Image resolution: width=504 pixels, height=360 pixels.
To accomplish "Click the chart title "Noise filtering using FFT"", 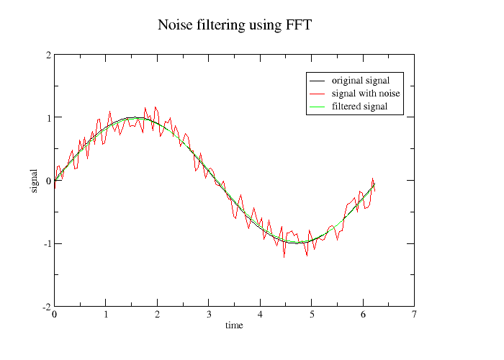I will [x=235, y=25].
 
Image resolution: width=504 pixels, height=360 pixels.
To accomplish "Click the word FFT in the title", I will [x=297, y=25].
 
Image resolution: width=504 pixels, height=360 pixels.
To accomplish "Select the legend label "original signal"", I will [x=361, y=80].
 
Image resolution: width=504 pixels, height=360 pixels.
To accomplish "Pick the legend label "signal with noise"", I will [x=366, y=93].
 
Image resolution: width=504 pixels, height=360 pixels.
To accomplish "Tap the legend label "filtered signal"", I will [x=360, y=106].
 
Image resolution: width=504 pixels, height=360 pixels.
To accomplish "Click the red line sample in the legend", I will [x=318, y=94].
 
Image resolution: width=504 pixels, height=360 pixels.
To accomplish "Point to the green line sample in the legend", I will [x=318, y=107].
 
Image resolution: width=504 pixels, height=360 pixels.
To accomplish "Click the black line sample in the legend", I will [x=318, y=81].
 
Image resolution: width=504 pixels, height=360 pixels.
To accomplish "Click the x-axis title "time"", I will [x=234, y=325].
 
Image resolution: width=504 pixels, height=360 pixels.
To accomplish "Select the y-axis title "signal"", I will [x=34, y=181].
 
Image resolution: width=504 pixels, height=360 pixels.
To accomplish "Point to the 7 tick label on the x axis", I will [x=414, y=315].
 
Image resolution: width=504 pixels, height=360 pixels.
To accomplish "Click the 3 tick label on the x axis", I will [x=208, y=315].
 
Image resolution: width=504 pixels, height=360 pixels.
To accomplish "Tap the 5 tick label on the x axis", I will [x=311, y=315].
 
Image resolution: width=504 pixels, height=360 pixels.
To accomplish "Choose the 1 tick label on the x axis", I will [x=106, y=315].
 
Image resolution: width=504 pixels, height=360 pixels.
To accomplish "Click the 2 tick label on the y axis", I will [x=48, y=55].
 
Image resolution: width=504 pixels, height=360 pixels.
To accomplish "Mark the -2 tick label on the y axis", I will [x=46, y=307].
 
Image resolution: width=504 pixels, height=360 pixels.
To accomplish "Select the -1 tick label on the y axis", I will [x=46, y=243].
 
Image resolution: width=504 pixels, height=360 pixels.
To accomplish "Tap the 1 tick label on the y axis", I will [x=48, y=117].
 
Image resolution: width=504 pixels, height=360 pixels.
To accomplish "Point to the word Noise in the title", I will [x=176, y=25].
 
